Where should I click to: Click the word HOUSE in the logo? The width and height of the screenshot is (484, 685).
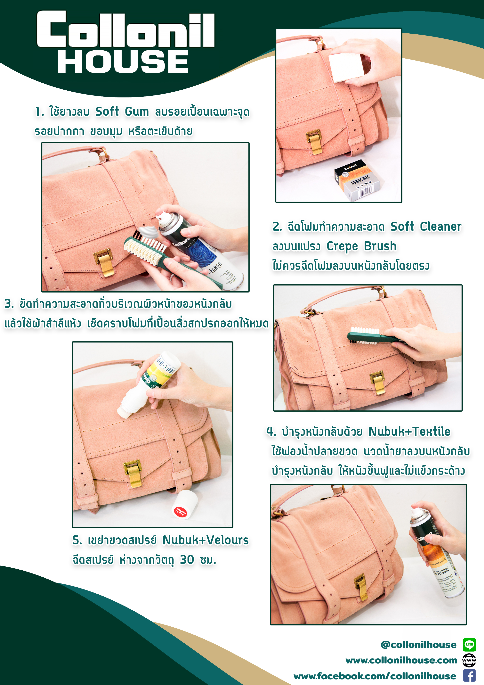(x=123, y=62)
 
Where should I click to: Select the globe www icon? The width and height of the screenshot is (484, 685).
(x=469, y=660)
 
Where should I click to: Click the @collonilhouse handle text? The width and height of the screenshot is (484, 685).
(x=418, y=645)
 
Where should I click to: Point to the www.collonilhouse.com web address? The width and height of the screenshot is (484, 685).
(x=401, y=661)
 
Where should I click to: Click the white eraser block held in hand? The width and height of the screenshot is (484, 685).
(x=347, y=67)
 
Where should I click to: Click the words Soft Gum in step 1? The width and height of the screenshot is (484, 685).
(x=122, y=112)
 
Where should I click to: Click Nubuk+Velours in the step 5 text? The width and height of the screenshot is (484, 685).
(x=206, y=540)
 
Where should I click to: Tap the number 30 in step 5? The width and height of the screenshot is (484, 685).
(x=187, y=560)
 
